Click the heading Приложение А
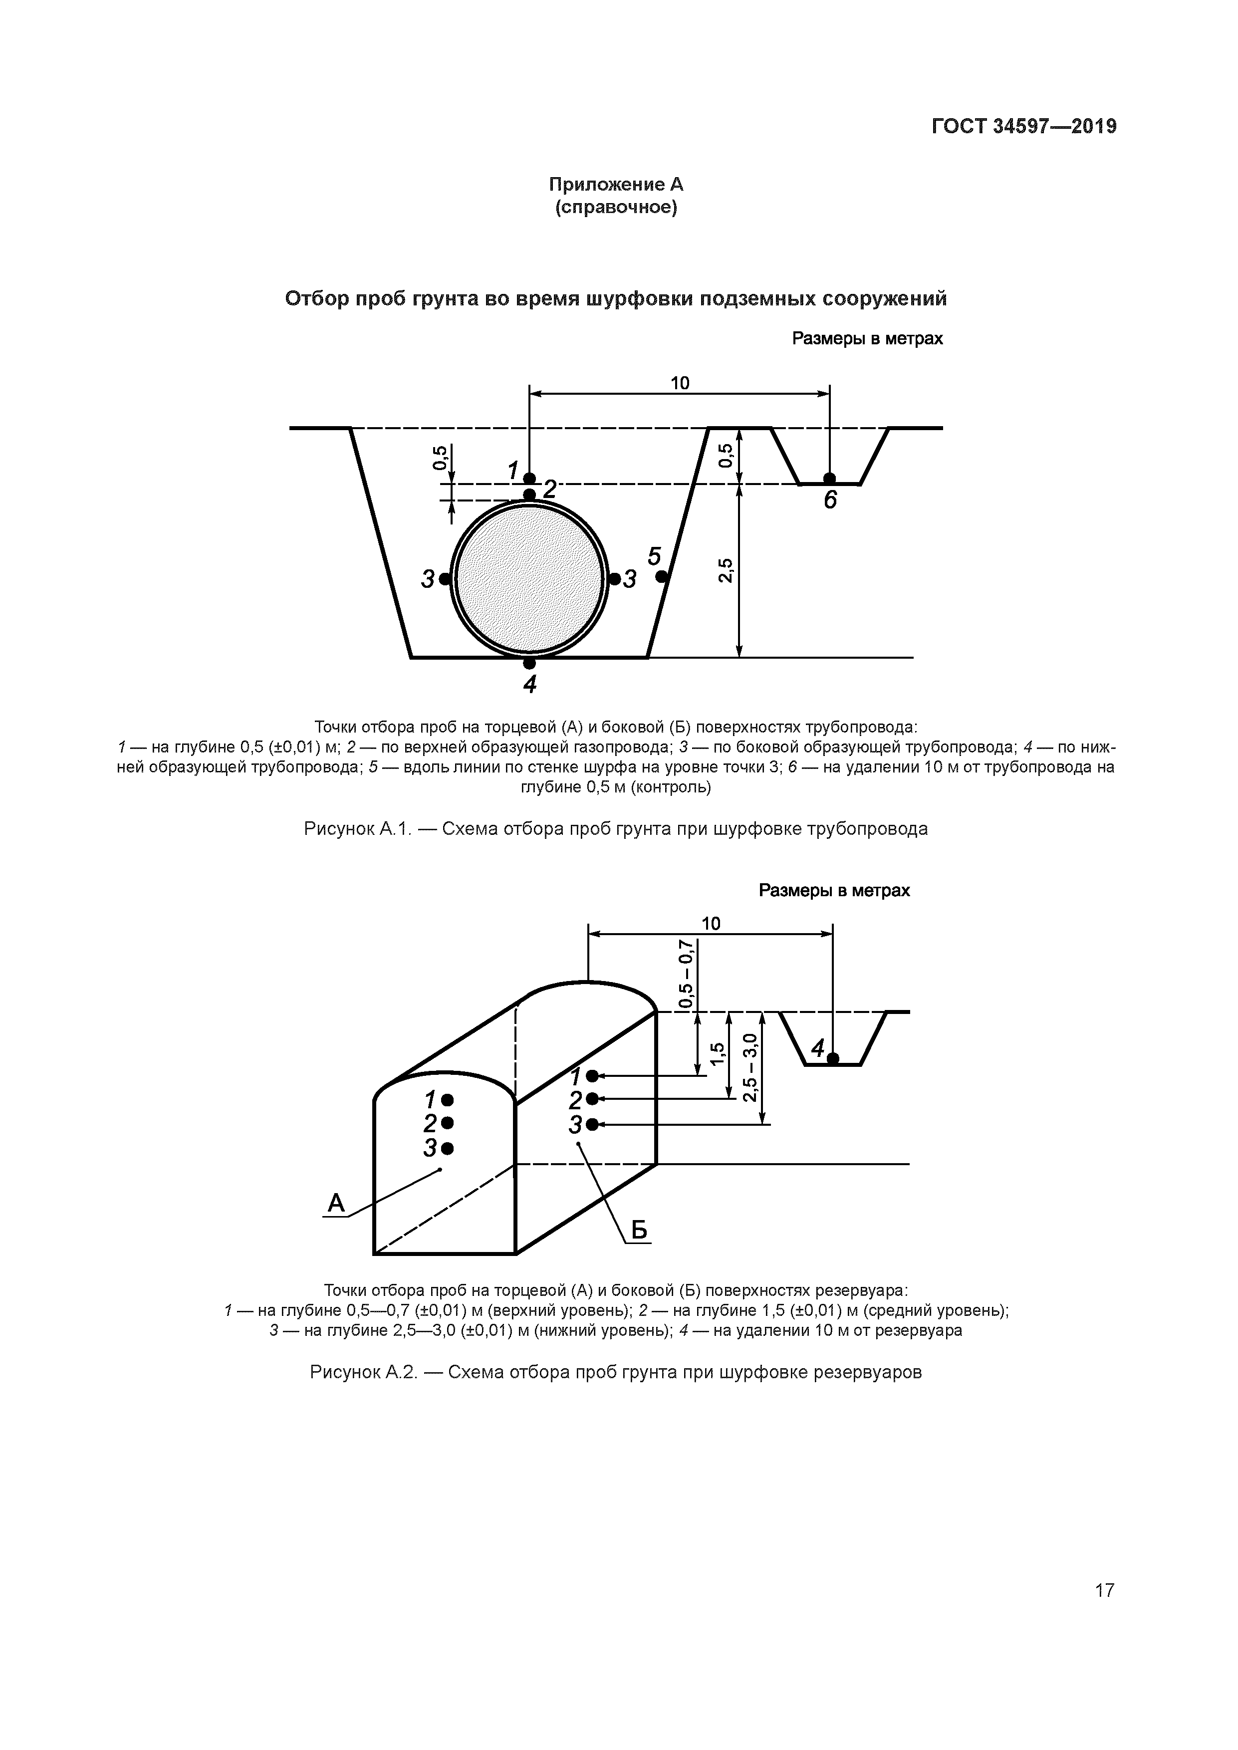616,185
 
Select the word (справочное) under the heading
616,207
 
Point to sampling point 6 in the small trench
829,479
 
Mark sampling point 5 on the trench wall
661,577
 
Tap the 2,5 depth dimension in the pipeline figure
726,570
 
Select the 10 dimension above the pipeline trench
679,383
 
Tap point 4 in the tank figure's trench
833,1058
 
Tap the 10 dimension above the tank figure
711,924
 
